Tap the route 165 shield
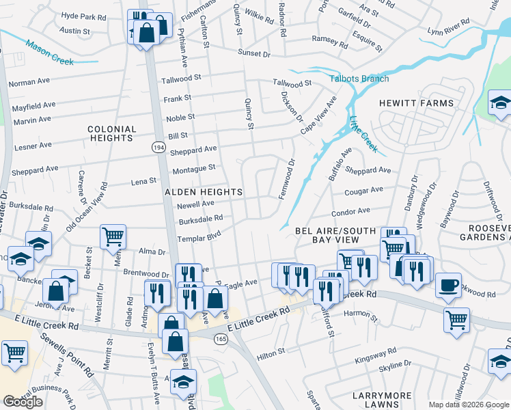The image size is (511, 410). point(220,338)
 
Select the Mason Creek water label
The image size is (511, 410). point(49,53)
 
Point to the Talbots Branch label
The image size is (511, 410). point(359,79)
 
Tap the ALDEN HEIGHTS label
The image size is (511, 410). point(204,193)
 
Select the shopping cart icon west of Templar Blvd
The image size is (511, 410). point(113,236)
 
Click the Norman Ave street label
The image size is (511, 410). point(29,83)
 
